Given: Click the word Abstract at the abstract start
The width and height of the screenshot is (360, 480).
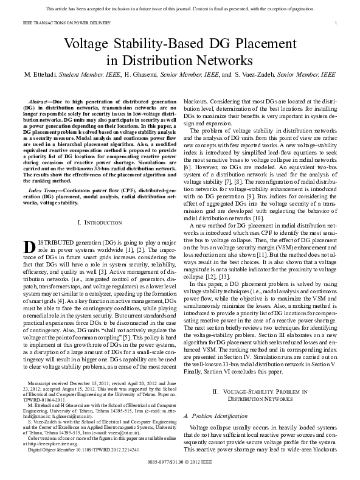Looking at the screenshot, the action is tap(40, 99).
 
